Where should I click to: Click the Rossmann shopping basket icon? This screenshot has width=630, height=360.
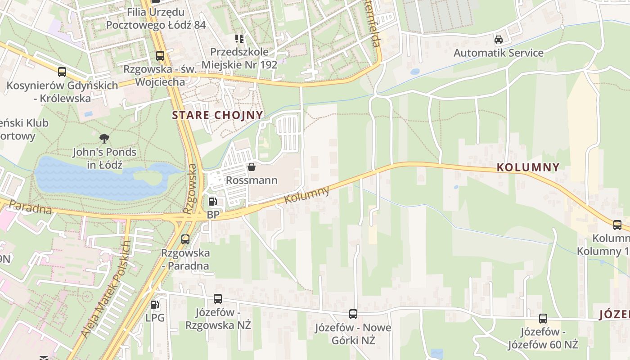pos(252,167)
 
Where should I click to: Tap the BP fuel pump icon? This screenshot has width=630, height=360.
pos(212,202)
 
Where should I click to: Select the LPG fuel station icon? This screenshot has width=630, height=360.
pos(154,305)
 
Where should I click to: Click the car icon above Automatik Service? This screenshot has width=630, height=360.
pos(499,39)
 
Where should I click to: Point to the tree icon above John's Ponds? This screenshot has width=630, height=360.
pos(105,138)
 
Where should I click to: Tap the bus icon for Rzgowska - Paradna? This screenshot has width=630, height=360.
pos(185,239)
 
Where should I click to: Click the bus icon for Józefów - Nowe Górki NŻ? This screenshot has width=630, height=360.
pos(353,314)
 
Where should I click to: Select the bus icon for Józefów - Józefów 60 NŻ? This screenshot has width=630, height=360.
pos(543,319)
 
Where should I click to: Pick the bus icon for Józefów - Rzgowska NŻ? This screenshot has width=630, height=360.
pos(218,298)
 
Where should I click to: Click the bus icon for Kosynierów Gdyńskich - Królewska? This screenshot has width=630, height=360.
pos(62,72)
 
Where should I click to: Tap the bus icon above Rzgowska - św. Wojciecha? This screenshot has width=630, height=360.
pos(160,56)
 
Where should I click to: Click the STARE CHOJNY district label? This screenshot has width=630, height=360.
pos(217,115)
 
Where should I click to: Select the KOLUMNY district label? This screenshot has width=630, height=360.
pos(528,167)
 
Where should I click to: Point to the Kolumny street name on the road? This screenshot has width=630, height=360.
pos(307,195)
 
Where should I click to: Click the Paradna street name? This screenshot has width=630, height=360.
pos(30,207)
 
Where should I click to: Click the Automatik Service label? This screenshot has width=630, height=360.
pos(498,53)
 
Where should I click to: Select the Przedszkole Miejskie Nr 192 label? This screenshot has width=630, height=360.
pos(239,58)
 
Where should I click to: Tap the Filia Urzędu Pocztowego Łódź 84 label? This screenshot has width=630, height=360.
pos(156,18)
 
